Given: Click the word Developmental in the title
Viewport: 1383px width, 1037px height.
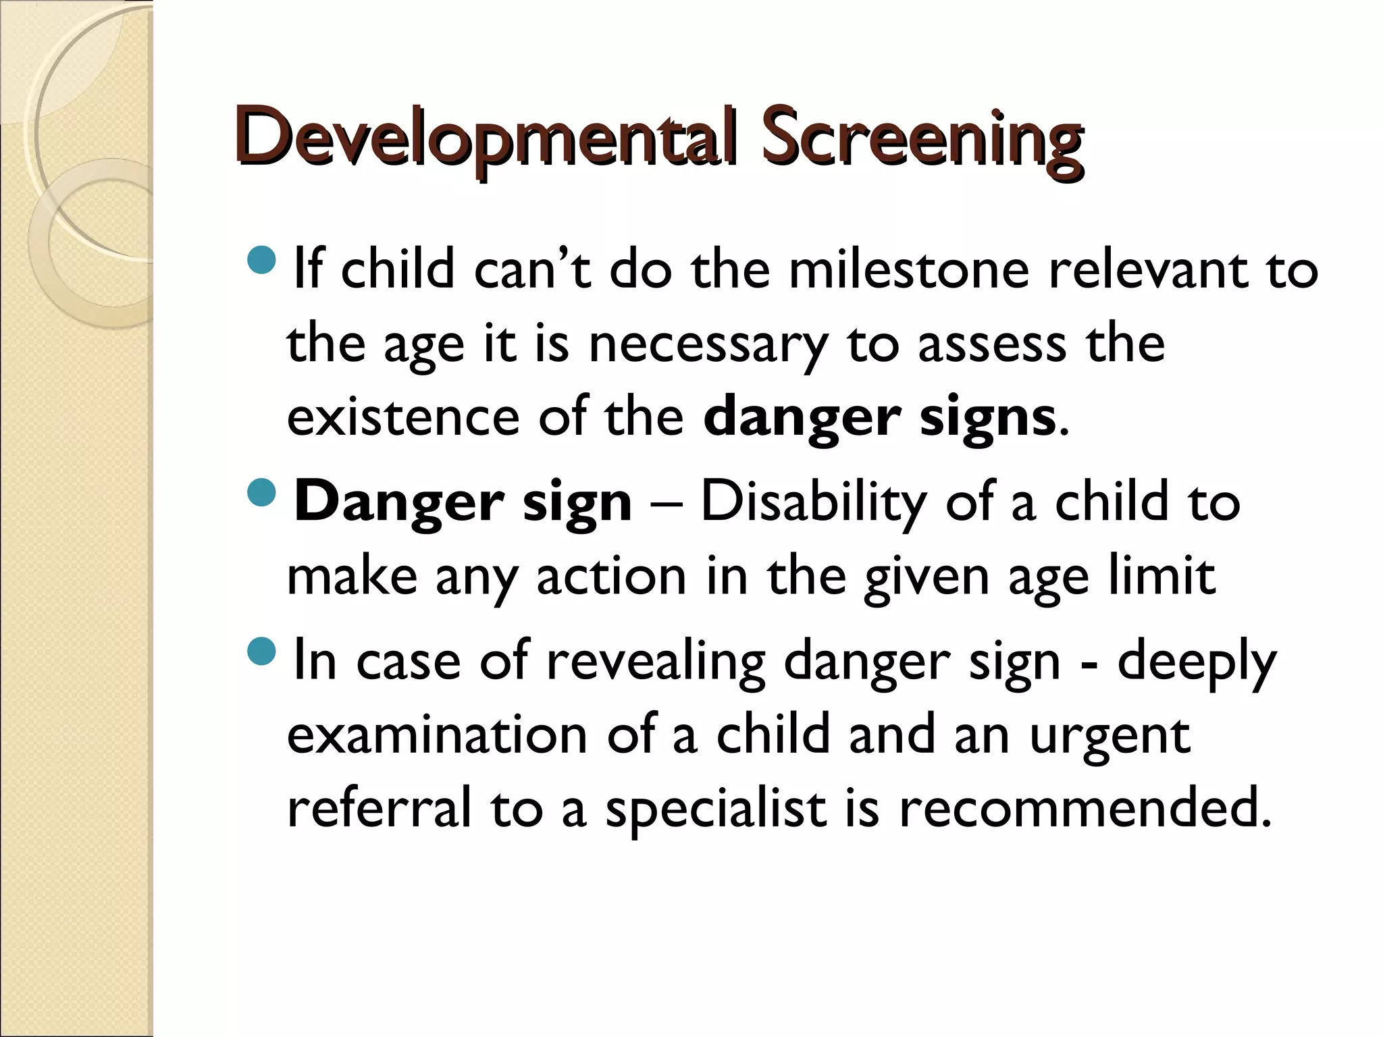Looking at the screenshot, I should [486, 138].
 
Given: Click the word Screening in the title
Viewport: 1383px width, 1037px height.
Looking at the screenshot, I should [922, 138].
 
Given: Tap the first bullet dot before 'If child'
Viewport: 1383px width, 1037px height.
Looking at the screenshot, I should [262, 260].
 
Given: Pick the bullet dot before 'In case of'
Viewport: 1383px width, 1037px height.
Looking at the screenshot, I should [262, 652].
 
